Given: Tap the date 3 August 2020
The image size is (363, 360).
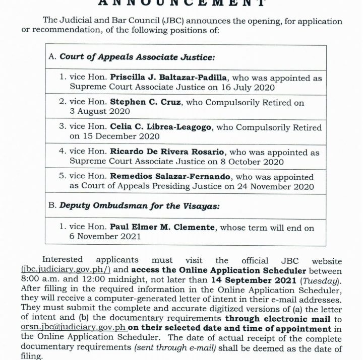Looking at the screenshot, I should (96, 112).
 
